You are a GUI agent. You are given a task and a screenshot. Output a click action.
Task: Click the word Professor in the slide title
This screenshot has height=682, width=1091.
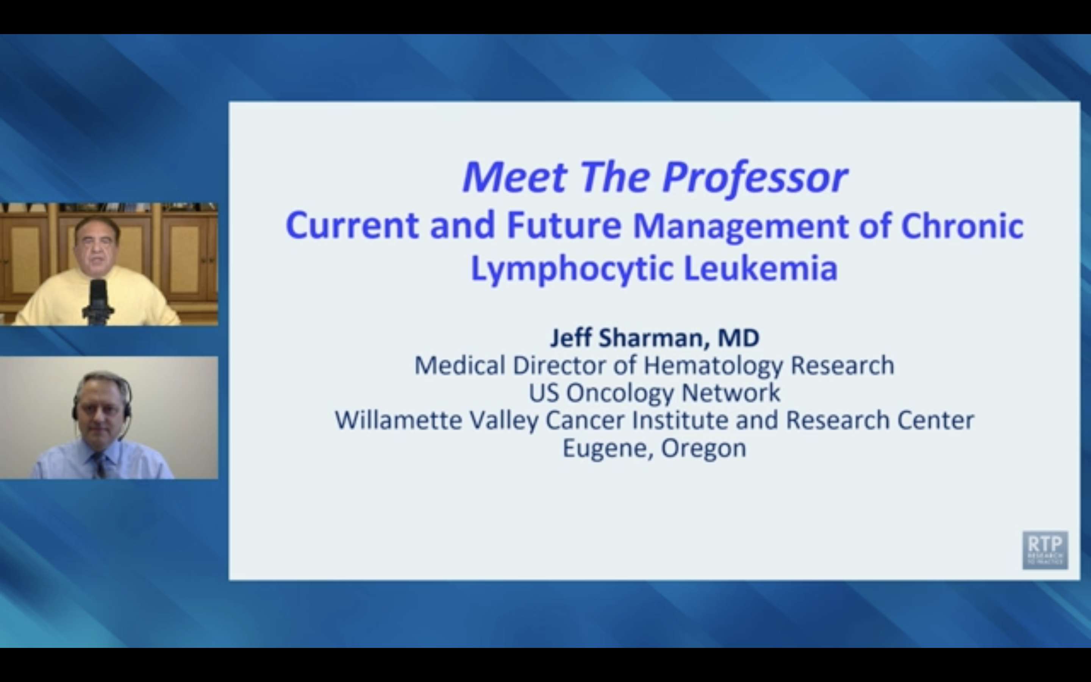(755, 177)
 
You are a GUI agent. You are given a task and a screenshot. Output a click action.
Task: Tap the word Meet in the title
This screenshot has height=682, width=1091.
(514, 177)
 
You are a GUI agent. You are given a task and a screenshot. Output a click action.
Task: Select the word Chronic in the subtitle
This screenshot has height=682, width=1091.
(962, 225)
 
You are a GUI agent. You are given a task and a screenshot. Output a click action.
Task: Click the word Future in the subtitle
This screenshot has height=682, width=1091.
(564, 225)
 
